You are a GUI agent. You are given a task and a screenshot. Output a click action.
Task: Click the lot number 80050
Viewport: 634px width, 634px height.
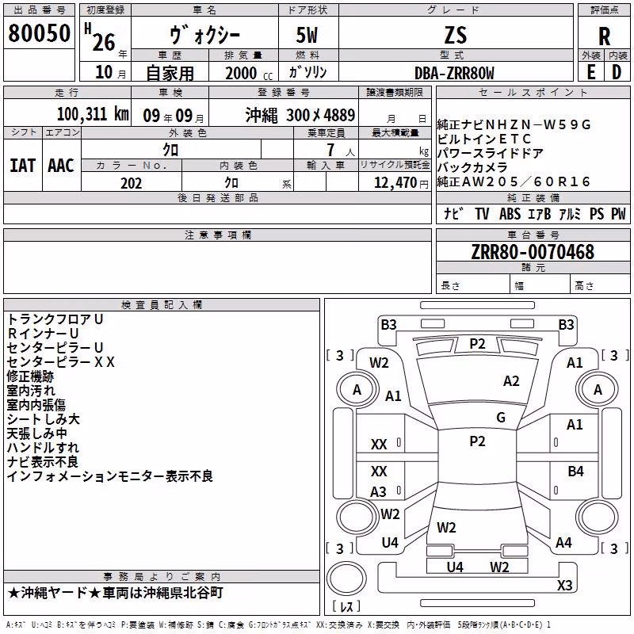(39, 33)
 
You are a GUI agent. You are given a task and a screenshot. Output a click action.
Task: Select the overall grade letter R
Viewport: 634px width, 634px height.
(604, 36)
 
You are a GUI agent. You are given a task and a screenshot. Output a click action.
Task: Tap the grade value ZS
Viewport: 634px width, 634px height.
(456, 36)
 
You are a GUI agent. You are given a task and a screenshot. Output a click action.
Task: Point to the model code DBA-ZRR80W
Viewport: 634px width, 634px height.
(454, 73)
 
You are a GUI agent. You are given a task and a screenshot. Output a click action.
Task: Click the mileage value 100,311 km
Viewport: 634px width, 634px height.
(93, 114)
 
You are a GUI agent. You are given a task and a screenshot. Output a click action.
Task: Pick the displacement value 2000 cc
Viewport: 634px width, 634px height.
(249, 73)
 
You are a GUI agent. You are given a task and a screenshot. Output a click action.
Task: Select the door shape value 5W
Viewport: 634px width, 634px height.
(307, 36)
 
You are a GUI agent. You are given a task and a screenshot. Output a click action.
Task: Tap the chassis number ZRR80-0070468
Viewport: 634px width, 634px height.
(533, 252)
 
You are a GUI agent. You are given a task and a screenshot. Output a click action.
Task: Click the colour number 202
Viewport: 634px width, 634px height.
(131, 183)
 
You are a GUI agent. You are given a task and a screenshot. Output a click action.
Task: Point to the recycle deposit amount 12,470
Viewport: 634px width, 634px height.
(395, 183)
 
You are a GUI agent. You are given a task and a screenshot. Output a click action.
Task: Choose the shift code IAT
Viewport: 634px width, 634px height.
(22, 166)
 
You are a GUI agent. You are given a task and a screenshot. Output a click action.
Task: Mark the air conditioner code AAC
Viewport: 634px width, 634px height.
(61, 166)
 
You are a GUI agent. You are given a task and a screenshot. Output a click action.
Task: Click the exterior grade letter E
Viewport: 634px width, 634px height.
(590, 72)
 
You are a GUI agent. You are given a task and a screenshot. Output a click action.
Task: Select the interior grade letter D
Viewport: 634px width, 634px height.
(617, 72)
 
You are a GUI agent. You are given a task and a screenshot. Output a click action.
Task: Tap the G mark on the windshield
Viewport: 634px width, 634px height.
(501, 418)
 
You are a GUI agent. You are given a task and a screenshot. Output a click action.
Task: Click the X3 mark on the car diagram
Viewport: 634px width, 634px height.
(564, 585)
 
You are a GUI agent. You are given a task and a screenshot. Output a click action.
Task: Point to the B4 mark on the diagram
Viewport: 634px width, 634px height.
(575, 471)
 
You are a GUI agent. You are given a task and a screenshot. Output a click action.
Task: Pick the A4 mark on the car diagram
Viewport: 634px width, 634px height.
(563, 543)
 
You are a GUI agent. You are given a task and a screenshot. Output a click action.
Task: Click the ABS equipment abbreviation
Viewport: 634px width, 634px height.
(510, 214)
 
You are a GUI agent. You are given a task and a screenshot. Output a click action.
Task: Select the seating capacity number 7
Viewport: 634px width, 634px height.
(330, 150)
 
